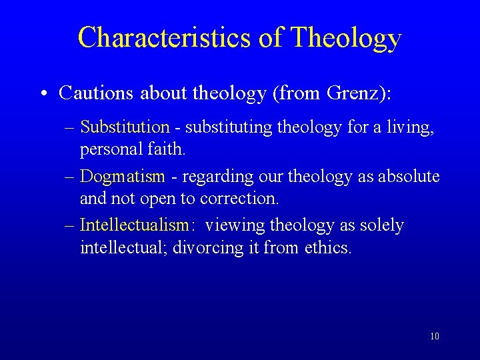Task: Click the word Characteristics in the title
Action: (x=164, y=37)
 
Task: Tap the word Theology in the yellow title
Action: (x=346, y=37)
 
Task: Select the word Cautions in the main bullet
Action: (x=96, y=93)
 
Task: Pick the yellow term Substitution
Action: (x=125, y=126)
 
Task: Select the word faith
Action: (x=165, y=149)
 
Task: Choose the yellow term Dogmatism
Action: (x=122, y=176)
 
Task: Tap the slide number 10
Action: (x=435, y=336)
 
